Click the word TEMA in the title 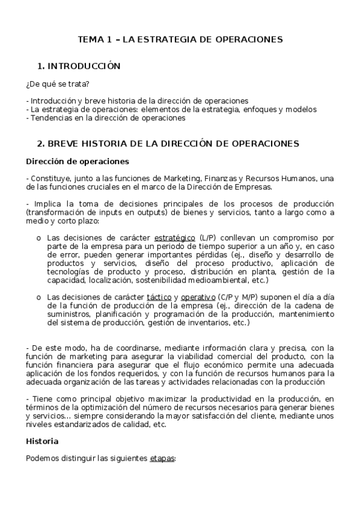91,40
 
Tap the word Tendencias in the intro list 49,118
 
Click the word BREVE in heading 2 65,144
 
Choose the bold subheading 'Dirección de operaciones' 77,161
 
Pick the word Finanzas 220,178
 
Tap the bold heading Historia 42,441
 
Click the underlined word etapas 161,458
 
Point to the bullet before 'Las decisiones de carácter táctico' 39,297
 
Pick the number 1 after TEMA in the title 109,40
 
